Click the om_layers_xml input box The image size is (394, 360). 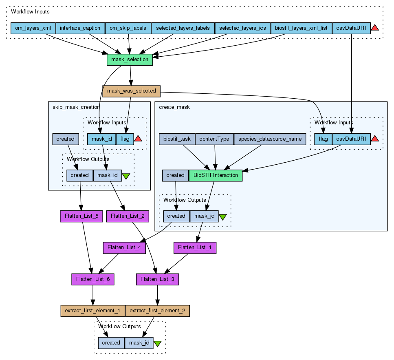[x=33, y=28]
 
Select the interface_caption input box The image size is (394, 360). [x=80, y=28]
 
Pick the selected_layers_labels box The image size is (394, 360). [x=183, y=28]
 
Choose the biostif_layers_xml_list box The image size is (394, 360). [x=301, y=28]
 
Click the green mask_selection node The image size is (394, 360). [x=130, y=60]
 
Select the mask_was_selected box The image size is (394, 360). [x=131, y=91]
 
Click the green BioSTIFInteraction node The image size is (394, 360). [x=216, y=175]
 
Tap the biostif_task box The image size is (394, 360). [x=177, y=139]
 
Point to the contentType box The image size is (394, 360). [x=215, y=139]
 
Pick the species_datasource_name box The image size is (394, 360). [x=270, y=139]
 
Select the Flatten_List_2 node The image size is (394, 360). [x=128, y=216]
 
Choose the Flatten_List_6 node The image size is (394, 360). [x=92, y=279]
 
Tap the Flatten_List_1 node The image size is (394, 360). [x=195, y=247]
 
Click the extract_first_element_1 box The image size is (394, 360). [x=92, y=311]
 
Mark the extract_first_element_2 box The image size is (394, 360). [x=157, y=311]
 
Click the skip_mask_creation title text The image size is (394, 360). [x=76, y=107]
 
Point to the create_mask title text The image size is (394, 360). [x=174, y=107]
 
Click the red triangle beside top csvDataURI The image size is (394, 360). [x=375, y=28]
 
